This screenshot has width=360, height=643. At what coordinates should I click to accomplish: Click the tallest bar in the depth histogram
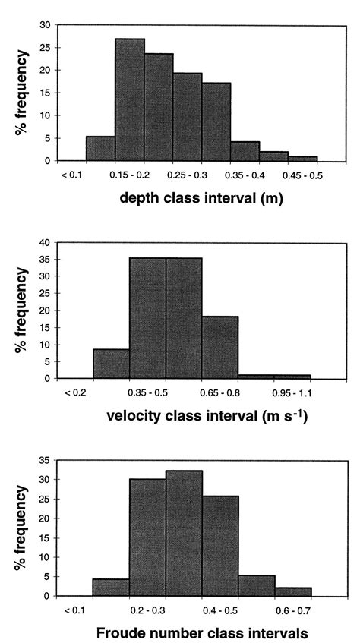[130, 99]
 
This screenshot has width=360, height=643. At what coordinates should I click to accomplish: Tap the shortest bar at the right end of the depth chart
[303, 158]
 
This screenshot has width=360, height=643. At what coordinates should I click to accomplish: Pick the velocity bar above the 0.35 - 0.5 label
[147, 318]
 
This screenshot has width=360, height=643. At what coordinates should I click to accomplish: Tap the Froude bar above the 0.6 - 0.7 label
[293, 591]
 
